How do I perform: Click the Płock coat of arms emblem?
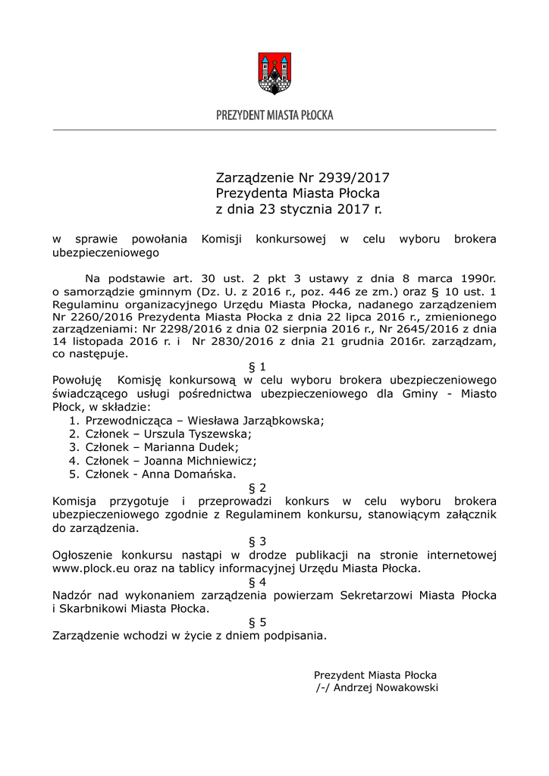pos(274,73)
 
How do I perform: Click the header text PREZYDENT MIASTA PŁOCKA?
pos(274,115)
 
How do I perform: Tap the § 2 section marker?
pos(258,488)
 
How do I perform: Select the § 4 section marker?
pos(258,582)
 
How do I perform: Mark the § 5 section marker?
pos(258,622)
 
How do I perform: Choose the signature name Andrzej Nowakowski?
pos(384,688)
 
